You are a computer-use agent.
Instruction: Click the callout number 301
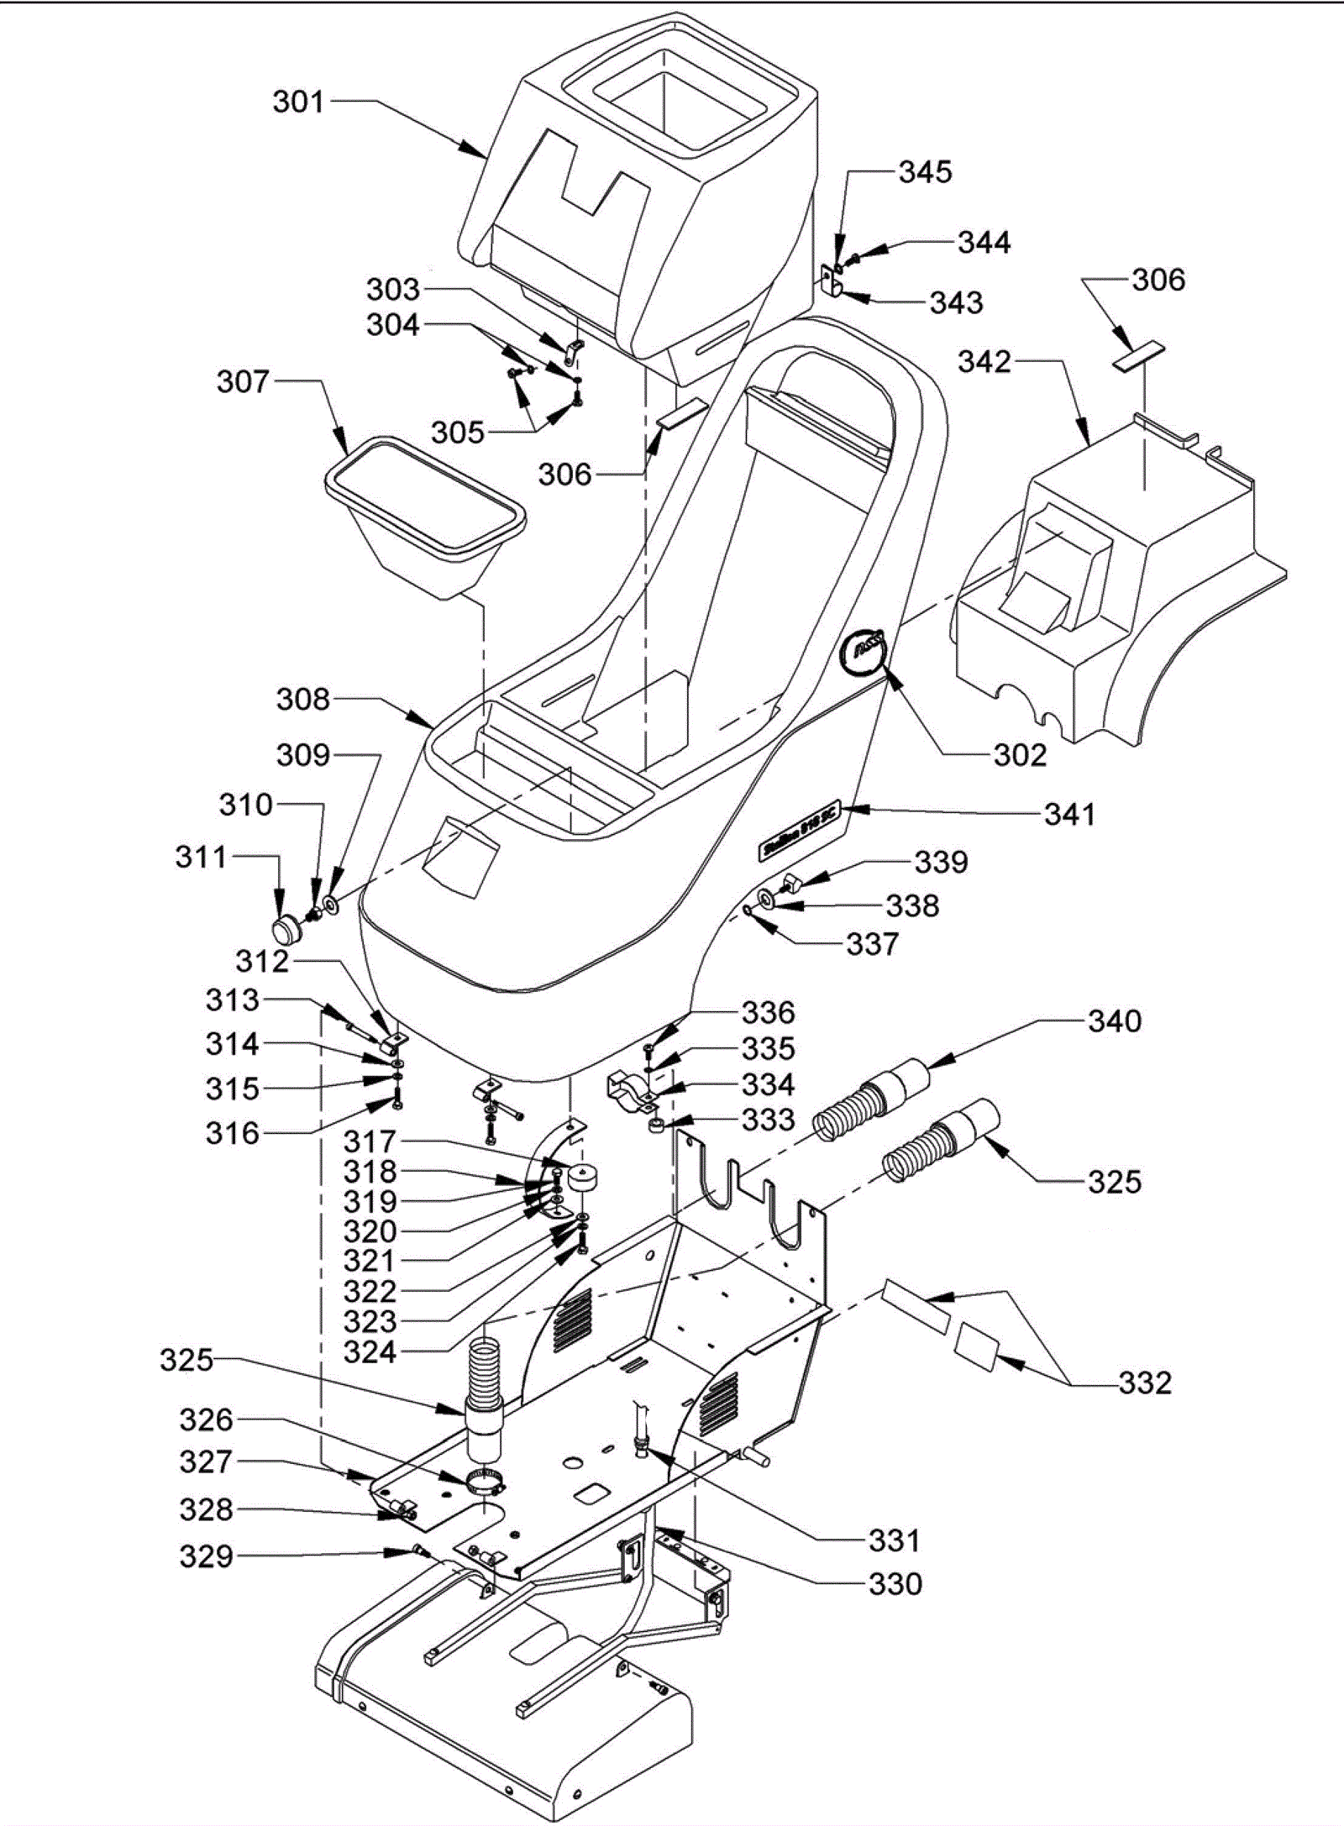point(298,102)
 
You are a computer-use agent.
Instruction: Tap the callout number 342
point(984,362)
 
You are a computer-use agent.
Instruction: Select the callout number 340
point(1115,1021)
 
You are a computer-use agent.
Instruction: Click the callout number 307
point(243,382)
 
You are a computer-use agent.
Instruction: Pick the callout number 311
point(201,858)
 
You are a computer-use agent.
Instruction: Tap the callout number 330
point(895,1584)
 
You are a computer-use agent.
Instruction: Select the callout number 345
point(926,172)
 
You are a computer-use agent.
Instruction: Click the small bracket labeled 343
point(832,280)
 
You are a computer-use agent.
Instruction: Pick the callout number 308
point(303,699)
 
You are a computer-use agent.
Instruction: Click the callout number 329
point(206,1556)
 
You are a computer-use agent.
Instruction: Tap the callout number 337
point(872,944)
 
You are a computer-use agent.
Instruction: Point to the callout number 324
point(370,1352)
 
